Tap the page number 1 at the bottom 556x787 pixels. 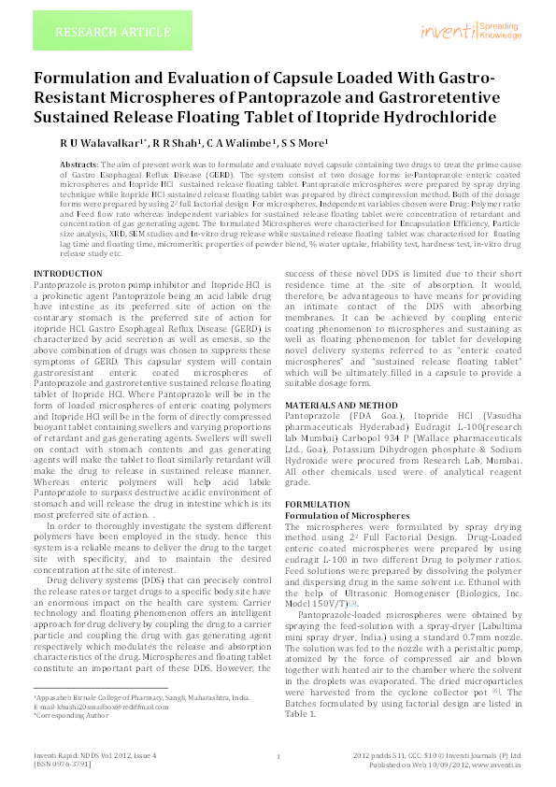[x=278, y=758]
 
